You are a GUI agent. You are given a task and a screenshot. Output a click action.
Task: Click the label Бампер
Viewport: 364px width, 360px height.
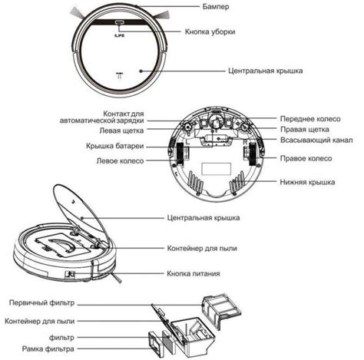216,6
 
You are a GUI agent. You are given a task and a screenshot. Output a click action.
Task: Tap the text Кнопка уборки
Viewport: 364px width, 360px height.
210,31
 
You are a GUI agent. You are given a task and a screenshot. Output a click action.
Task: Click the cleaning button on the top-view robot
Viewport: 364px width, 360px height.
120,22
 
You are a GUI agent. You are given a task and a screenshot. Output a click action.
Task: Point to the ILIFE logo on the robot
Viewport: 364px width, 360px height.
119,35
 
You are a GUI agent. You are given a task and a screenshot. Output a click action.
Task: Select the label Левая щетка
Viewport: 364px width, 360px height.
121,130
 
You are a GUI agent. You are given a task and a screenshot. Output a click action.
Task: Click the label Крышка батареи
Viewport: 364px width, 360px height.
115,146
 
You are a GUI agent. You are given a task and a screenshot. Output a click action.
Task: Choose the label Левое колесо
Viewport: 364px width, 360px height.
120,161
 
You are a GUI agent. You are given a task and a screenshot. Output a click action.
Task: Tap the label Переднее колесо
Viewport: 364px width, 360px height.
310,119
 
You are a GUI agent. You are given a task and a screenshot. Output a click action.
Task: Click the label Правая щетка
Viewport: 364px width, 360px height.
305,129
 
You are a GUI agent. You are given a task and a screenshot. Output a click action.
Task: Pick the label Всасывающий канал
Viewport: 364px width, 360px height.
316,140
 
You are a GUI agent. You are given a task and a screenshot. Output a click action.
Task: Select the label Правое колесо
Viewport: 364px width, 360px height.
306,158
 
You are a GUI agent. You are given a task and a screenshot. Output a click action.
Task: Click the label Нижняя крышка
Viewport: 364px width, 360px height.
307,182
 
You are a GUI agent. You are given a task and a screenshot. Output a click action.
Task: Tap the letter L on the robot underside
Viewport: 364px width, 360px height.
187,142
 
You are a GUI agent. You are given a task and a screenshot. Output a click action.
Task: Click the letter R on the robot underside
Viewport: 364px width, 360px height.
245,142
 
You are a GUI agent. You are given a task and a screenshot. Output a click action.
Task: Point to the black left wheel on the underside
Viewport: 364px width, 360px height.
180,154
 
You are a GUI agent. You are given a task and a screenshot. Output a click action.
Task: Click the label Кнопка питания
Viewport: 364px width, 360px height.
194,273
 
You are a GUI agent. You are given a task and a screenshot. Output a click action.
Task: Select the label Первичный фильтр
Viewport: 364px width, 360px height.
41,302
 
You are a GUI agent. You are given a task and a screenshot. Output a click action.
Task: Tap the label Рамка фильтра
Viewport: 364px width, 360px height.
48,348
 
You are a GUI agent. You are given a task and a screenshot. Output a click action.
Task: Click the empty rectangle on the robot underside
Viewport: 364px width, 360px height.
217,169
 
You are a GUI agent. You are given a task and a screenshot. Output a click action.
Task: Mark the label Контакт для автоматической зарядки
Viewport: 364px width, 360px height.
102,117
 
